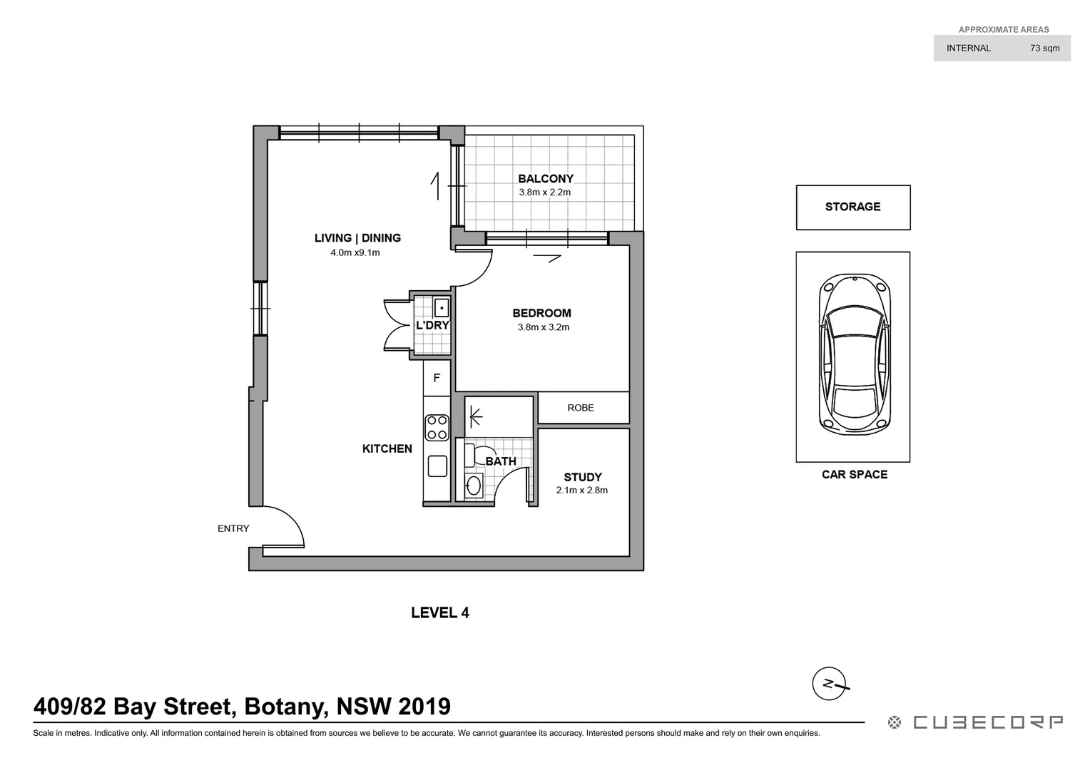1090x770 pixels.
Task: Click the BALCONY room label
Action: tap(546, 179)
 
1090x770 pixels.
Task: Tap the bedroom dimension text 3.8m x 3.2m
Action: tap(543, 327)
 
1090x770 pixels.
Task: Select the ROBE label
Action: tap(581, 408)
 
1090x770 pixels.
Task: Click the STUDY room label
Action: tap(583, 477)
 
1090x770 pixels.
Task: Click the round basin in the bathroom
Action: tap(474, 487)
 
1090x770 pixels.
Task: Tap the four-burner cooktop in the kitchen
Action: tap(437, 428)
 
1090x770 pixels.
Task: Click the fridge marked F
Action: tap(437, 379)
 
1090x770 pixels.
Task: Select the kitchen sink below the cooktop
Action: tap(437, 466)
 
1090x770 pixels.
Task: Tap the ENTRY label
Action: tap(233, 528)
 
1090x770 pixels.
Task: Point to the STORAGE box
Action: tap(852, 207)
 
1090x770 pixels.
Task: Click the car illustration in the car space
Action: tap(853, 355)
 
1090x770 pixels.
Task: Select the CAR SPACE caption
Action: tap(854, 474)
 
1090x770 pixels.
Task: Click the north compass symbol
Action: tap(829, 684)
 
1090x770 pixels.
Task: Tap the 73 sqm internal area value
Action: tap(1044, 48)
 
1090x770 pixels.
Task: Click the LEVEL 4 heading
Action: tap(440, 612)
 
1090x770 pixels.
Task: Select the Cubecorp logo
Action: tap(975, 722)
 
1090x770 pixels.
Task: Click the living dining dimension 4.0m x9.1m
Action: tap(355, 252)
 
